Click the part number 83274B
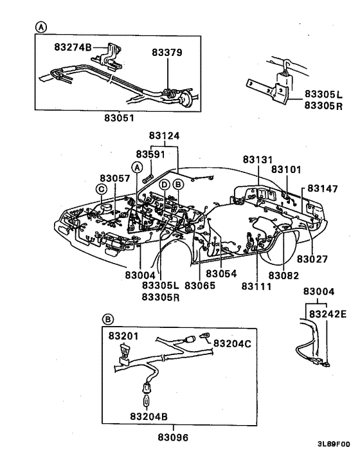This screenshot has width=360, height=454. click(73, 48)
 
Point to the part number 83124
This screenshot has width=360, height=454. click(165, 136)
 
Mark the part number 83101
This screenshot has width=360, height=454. click(286, 169)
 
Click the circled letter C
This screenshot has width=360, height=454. click(102, 188)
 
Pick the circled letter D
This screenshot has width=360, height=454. click(165, 185)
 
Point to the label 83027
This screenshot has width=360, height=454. click(312, 259)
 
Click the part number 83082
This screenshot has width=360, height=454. click(284, 275)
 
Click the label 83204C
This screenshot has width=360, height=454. click(232, 343)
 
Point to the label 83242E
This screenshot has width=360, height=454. click(327, 314)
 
